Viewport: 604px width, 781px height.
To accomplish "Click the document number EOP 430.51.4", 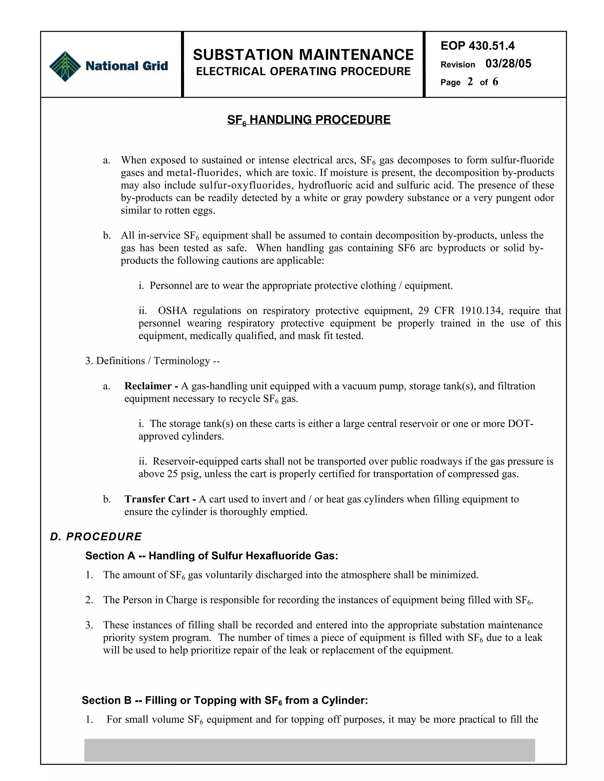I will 477,46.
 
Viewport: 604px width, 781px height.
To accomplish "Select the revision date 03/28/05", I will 508,64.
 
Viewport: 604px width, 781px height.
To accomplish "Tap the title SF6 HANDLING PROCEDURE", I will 309,120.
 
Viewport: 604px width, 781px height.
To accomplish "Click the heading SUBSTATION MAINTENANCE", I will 303,55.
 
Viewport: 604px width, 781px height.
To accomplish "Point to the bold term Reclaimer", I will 148,386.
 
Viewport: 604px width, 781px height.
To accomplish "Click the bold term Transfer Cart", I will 157,499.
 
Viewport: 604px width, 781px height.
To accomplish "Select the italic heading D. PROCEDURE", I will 96,536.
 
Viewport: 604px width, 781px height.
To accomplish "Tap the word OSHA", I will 173,310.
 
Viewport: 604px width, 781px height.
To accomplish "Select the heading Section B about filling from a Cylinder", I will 225,700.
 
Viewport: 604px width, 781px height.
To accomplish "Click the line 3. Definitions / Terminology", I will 152,360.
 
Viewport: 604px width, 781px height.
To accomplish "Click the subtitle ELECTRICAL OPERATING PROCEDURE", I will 303,72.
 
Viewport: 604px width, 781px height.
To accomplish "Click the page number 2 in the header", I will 470,82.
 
